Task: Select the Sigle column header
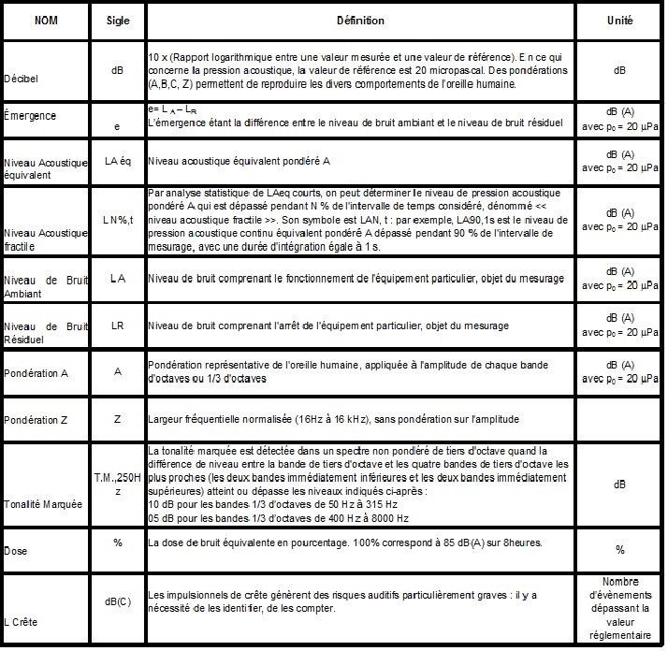tap(118, 20)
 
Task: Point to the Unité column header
tap(619, 20)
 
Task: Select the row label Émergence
tap(31, 116)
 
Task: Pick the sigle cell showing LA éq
tap(118, 162)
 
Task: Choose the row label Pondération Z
tap(36, 420)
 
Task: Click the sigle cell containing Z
tap(118, 419)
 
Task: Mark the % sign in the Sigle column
tap(118, 542)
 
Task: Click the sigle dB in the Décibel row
tap(118, 68)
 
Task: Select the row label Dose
tap(18, 551)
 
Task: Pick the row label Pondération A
tap(36, 373)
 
